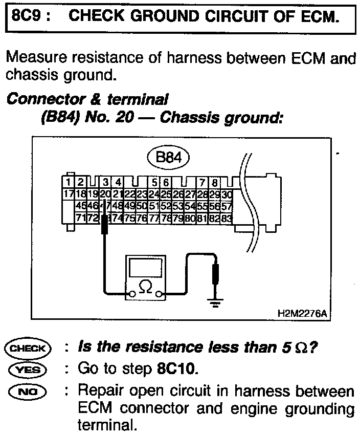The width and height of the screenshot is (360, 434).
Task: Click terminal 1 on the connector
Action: click(68, 182)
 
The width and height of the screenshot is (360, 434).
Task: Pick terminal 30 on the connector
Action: click(228, 194)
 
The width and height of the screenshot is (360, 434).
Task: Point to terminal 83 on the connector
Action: click(227, 218)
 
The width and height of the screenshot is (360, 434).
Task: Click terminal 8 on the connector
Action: click(215, 182)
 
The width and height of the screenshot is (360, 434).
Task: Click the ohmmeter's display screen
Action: click(145, 267)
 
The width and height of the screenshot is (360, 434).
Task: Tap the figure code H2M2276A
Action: click(302, 312)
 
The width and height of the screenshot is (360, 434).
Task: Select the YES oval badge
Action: click(28, 369)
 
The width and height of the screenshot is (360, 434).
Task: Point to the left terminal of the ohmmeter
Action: click(132, 294)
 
